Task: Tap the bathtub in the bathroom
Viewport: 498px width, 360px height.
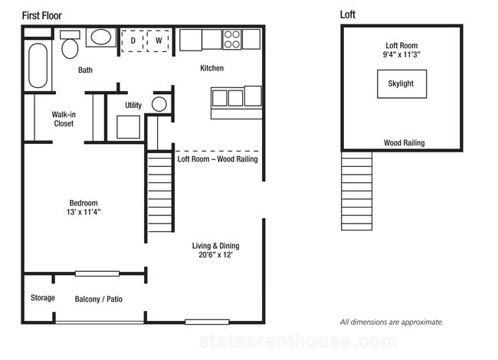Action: [38, 65]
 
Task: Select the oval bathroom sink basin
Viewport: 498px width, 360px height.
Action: [101, 37]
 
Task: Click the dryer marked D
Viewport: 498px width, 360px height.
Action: [133, 41]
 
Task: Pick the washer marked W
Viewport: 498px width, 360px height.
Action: [158, 41]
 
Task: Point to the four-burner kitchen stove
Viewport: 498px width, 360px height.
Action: [232, 39]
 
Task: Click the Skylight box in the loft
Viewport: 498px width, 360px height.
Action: [401, 83]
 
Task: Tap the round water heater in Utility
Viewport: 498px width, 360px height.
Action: [159, 104]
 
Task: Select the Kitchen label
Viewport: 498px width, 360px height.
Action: [211, 68]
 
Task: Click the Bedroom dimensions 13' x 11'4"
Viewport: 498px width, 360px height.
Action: [84, 211]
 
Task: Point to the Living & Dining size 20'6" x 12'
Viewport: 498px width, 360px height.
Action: [215, 254]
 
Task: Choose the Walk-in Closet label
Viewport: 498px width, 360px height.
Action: [64, 119]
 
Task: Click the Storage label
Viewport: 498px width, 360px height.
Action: [43, 298]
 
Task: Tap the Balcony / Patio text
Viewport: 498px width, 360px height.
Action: [99, 299]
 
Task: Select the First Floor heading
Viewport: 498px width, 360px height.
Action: [41, 15]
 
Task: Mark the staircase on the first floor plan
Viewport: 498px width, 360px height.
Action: [160, 192]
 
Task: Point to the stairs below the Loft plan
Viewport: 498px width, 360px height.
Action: [357, 191]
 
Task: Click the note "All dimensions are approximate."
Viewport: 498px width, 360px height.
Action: [392, 322]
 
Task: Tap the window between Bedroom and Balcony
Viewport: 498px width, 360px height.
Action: [97, 273]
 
